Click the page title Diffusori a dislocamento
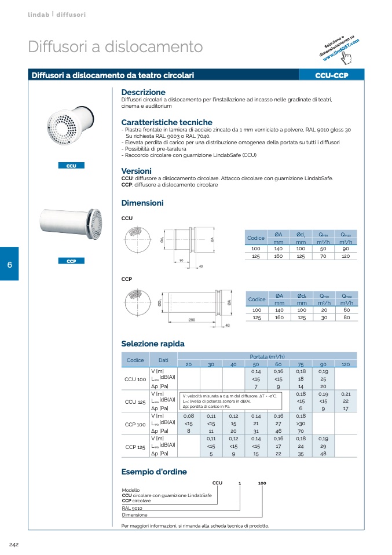115,47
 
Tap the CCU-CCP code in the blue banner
331,75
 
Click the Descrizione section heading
143,92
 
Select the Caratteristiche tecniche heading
166,122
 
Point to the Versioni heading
136,171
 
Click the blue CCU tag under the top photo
71,166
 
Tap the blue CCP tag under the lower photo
71,261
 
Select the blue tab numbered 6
9,265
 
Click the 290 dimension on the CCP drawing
192,320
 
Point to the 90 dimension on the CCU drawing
181,261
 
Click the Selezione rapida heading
153,344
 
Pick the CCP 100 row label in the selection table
135,425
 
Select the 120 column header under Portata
346,364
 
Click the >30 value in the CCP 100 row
301,424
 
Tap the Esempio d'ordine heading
154,472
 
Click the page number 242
15,544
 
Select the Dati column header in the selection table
163,360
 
